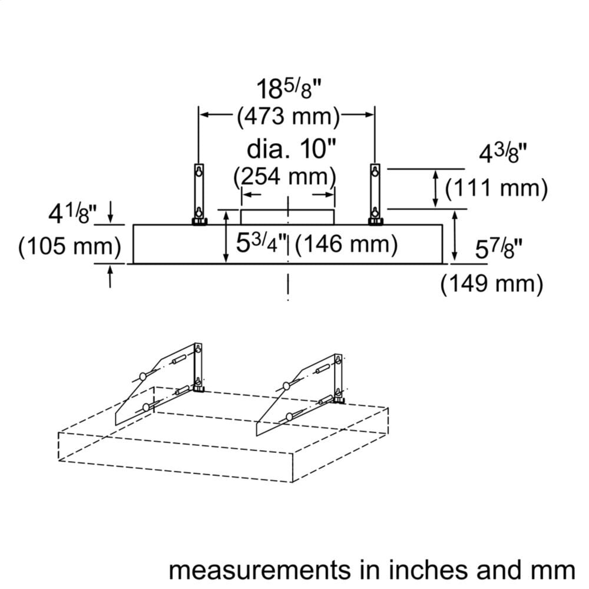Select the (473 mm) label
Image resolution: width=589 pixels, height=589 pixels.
coord(288,116)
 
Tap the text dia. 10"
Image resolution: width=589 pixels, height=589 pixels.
coord(291,149)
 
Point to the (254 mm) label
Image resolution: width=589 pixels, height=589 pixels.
coord(284,176)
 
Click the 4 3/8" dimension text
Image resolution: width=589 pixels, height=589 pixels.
coord(502,154)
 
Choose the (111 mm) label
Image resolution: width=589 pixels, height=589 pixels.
coord(496,188)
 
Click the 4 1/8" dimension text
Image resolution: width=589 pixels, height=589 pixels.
coord(72,214)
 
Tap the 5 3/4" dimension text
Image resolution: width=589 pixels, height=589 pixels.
coord(262,243)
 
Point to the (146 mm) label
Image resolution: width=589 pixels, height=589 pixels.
coord(346,244)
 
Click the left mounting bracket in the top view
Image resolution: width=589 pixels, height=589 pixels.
coord(198,194)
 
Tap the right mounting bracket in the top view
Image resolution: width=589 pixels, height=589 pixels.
coord(375,194)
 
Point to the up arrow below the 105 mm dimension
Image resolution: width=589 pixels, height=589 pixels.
coord(110,276)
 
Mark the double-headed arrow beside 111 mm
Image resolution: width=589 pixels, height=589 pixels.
coord(435,188)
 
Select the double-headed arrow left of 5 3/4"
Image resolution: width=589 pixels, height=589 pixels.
coord(226,237)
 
